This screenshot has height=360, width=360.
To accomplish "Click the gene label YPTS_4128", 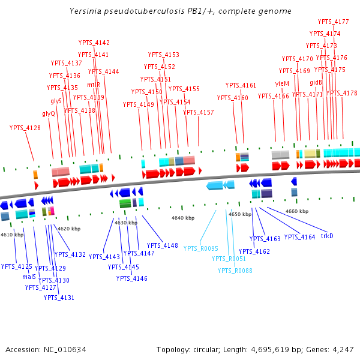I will pyautogui.click(x=25, y=128).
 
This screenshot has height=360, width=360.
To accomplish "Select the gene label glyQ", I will pyautogui.click(x=49, y=113).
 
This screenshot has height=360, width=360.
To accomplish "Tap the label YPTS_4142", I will pyautogui.click(x=94, y=43).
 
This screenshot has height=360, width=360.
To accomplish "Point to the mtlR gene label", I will pyautogui.click(x=94, y=85).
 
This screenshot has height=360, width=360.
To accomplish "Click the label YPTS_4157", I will pyautogui.click(x=199, y=112).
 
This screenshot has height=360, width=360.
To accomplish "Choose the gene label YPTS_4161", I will pyautogui.click(x=241, y=85).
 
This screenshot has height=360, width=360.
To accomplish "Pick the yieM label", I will pyautogui.click(x=283, y=83).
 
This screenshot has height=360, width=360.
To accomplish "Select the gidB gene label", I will pyautogui.click(x=316, y=82).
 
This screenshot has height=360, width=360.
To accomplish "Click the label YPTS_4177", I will pyautogui.click(x=334, y=22).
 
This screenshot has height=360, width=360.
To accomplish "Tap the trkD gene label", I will pyautogui.click(x=327, y=236).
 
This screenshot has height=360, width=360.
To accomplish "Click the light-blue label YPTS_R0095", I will pyautogui.click(x=201, y=248).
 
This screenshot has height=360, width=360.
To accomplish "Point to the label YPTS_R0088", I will pyautogui.click(x=235, y=271).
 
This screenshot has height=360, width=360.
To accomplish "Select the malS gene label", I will pyautogui.click(x=29, y=277).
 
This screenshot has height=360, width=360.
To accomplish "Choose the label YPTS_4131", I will pyautogui.click(x=59, y=298).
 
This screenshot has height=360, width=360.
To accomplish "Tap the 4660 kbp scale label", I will pyautogui.click(x=297, y=211).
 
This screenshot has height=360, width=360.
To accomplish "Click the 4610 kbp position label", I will pyautogui.click(x=12, y=235).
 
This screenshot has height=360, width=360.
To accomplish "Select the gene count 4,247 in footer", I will pyautogui.click(x=341, y=349).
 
